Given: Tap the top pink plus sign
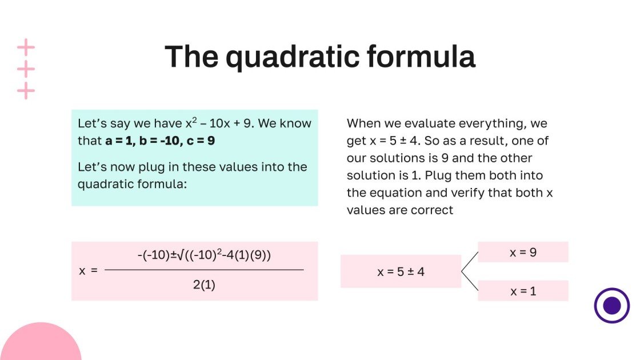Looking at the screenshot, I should point(26,47).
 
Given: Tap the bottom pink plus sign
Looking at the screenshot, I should point(26,90).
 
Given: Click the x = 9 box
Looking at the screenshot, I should point(523,252).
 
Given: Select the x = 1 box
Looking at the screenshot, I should point(523,291).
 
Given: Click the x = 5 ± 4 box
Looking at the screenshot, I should point(401,271).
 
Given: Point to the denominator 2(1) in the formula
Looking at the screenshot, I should point(204,285).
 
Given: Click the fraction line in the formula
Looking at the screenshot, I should point(204,270).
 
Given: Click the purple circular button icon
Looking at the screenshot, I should point(611,305).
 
